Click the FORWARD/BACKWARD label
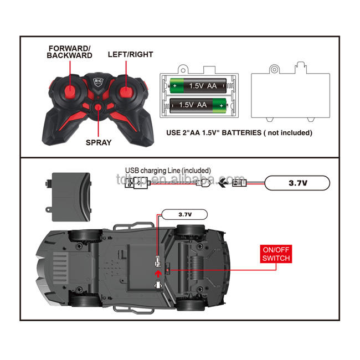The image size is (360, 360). (69, 52)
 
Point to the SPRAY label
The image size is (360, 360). (99, 142)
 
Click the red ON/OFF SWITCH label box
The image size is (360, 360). (275, 254)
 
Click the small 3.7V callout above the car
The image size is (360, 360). (184, 214)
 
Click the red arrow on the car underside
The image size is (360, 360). (158, 272)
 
